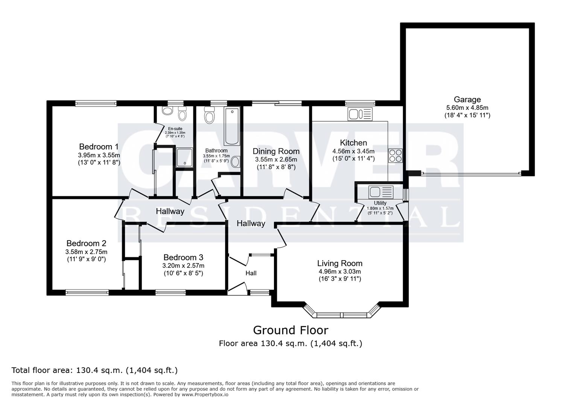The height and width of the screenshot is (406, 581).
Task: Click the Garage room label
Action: pyautogui.click(x=467, y=100)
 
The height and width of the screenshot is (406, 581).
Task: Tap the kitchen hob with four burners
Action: pyautogui.click(x=395, y=156)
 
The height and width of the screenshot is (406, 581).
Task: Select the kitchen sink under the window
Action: pyautogui.click(x=360, y=114)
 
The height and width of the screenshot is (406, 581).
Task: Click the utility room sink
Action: pyautogui.click(x=381, y=192)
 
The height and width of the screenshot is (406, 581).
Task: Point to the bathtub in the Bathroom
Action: pyautogui.click(x=232, y=126)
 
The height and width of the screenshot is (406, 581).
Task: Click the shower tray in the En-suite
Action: pyautogui.click(x=184, y=158)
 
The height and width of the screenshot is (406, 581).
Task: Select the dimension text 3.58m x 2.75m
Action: pyautogui.click(x=86, y=252)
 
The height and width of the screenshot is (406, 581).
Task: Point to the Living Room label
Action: pyautogui.click(x=339, y=264)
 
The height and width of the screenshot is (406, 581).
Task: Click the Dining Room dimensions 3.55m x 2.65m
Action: pyautogui.click(x=276, y=159)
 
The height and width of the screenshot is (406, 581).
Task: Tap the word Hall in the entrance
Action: pyautogui.click(x=251, y=273)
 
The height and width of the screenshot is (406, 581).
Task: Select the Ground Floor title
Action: pyautogui.click(x=290, y=330)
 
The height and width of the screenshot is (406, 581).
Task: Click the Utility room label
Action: pyautogui.click(x=380, y=203)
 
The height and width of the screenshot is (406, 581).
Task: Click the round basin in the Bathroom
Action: pyautogui.click(x=236, y=162)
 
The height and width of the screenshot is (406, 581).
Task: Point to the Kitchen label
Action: pyautogui.click(x=353, y=143)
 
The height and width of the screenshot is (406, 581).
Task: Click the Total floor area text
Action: pyautogui.click(x=94, y=370)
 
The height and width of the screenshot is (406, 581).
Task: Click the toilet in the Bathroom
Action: pyautogui.click(x=209, y=115)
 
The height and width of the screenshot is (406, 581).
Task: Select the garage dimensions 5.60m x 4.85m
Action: pyautogui.click(x=467, y=108)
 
